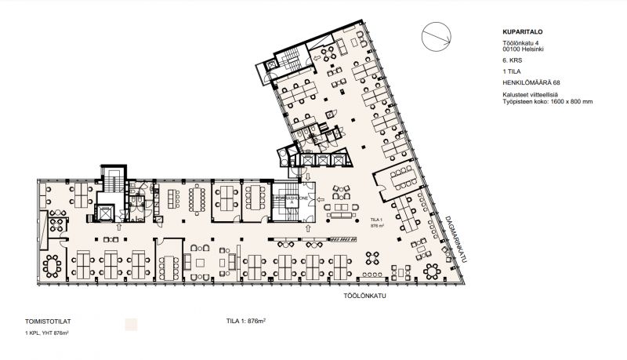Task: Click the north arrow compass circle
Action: point(436,35)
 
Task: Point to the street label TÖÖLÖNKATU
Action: point(366,298)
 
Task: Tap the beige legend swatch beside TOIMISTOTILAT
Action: point(132,322)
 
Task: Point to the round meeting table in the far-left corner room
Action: point(52,264)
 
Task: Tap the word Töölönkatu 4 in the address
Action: point(521,42)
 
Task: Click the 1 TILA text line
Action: point(513,71)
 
